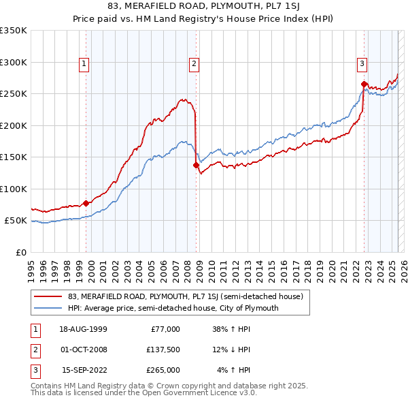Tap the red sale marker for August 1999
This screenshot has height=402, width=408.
click(x=86, y=203)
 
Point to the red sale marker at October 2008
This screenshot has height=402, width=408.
click(x=196, y=165)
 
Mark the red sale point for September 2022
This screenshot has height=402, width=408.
click(x=364, y=84)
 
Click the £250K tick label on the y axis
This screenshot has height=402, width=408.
click(x=14, y=93)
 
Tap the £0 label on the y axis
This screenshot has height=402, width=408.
click(x=20, y=252)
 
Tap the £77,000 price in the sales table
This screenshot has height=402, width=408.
click(x=165, y=329)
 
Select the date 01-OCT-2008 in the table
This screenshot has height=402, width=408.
click(x=82, y=350)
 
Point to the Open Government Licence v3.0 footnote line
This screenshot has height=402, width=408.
click(x=144, y=394)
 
